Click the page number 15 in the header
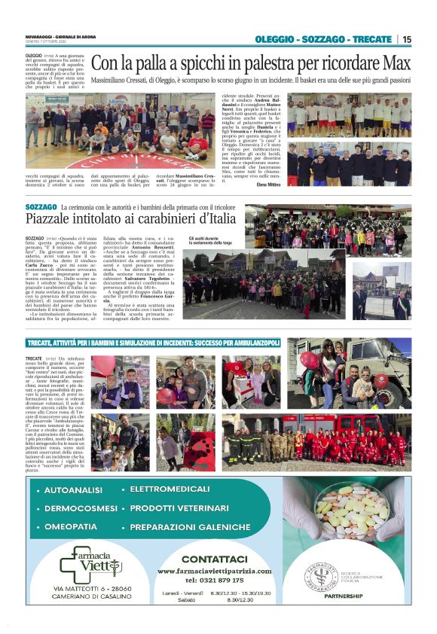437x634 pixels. (407, 39)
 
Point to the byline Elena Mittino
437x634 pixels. (268, 183)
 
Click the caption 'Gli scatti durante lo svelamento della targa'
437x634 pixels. (210, 241)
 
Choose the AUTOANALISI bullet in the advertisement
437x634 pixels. (74, 490)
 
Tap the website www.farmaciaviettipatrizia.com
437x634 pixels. (215, 571)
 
